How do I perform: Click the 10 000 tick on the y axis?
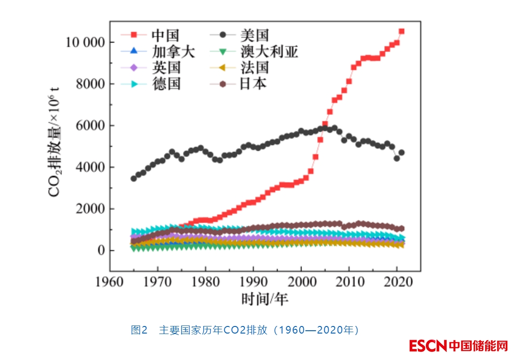tap(85, 43)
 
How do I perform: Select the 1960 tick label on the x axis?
tap(110, 283)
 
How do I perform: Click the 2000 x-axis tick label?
tap(301, 283)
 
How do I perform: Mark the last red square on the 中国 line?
tap(401, 31)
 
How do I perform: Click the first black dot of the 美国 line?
tap(134, 178)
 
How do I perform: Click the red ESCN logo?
tap(428, 346)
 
